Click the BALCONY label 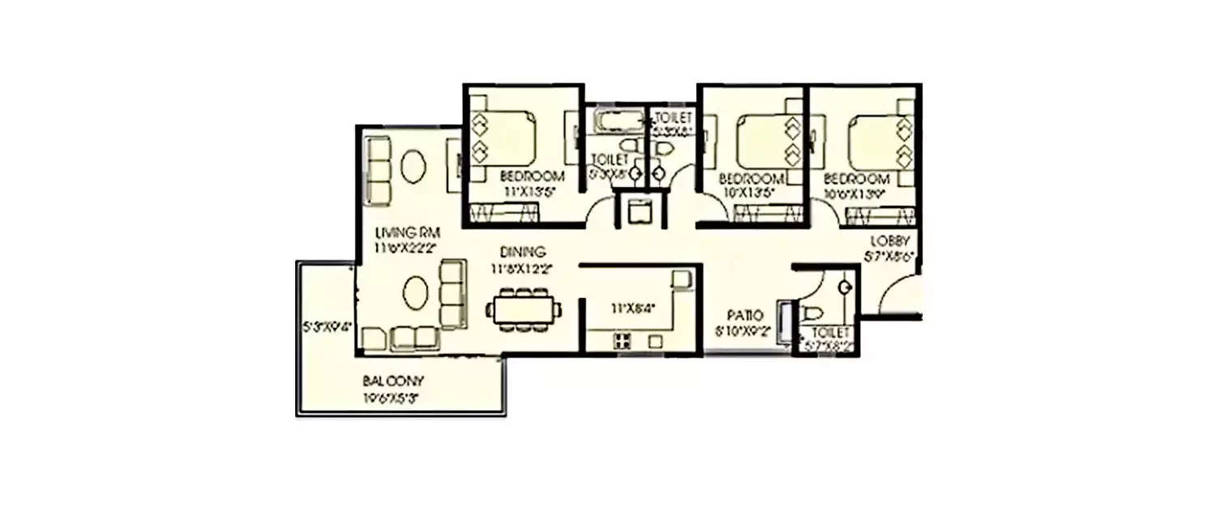click(394, 381)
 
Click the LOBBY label click(893, 241)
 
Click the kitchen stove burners click(622, 341)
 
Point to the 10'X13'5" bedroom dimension click(751, 192)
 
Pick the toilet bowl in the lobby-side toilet click(812, 313)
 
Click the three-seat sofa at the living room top click(379, 170)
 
